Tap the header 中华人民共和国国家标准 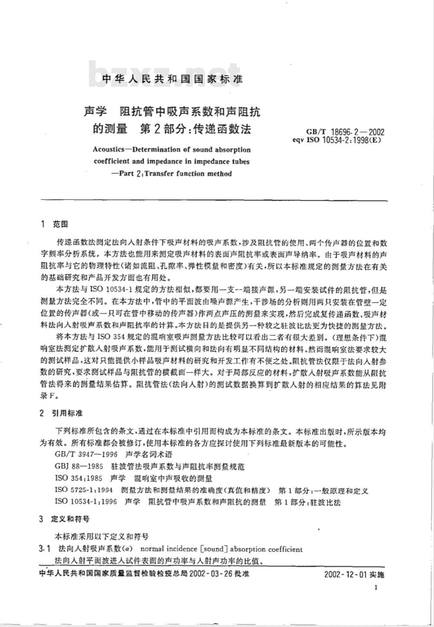click(172, 79)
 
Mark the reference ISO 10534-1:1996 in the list click(86, 502)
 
